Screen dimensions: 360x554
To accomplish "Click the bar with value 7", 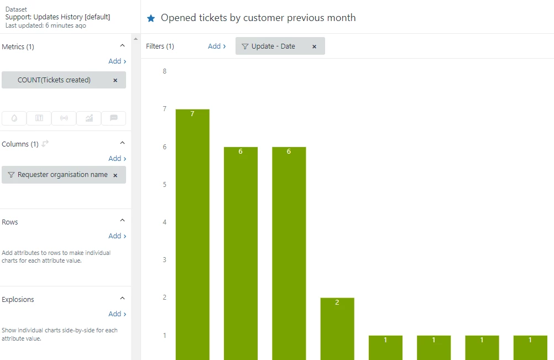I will [192, 232].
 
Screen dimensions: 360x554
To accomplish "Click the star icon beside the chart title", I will [151, 18].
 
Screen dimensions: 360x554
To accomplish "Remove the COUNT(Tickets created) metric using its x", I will [115, 80].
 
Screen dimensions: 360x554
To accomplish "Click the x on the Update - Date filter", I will [314, 46].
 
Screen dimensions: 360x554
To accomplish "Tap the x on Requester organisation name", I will [115, 175].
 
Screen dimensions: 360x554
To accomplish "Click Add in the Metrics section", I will [117, 61].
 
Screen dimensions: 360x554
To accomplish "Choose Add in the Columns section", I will [117, 159].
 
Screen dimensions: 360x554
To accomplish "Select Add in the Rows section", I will [117, 236].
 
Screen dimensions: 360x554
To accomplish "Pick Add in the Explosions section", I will [117, 314].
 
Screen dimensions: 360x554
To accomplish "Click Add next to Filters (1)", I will [216, 46].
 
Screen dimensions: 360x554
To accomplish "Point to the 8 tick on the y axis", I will [164, 71].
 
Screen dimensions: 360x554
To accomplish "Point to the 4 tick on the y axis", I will [164, 222].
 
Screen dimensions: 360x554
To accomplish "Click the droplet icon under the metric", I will [14, 118].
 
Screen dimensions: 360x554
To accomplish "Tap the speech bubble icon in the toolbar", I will [114, 118].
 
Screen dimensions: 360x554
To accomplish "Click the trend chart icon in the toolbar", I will [89, 118].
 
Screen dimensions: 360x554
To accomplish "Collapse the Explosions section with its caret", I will [123, 299].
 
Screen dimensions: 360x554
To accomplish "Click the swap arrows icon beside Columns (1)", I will [45, 144].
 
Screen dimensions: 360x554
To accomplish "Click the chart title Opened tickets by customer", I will [258, 18].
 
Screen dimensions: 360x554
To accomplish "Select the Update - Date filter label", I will [273, 46].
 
